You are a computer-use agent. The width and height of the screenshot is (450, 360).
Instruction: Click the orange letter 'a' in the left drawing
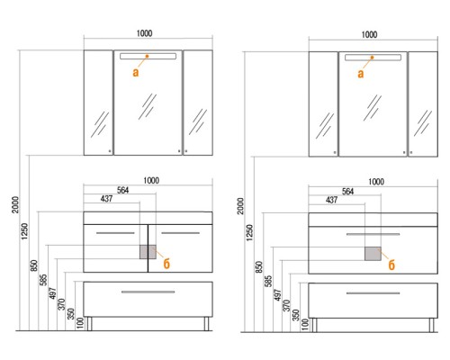point(136,72)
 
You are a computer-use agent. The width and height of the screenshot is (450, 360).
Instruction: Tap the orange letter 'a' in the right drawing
point(361,74)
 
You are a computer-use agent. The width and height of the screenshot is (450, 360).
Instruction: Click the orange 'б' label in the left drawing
point(166,264)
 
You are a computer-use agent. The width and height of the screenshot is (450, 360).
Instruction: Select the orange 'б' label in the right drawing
point(391,265)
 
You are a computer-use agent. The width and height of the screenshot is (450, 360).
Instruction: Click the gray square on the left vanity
point(148,252)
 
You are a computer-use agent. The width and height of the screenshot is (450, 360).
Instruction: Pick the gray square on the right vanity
point(373,254)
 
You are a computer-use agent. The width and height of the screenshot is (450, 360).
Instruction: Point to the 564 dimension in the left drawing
point(122,190)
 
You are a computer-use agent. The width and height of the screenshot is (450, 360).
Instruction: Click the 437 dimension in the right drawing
point(331,200)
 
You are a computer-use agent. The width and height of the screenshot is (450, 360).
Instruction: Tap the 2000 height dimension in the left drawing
point(15,205)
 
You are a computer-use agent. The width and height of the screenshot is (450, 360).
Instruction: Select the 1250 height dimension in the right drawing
point(249,233)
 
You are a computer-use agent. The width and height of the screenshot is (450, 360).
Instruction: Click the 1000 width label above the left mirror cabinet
point(144,33)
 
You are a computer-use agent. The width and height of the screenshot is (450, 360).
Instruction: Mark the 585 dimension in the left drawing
point(43,280)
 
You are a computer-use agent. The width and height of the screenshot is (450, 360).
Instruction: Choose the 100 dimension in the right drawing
point(304,324)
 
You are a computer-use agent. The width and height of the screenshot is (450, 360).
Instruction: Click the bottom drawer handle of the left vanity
point(148,292)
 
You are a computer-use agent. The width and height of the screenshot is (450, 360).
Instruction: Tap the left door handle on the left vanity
point(115,233)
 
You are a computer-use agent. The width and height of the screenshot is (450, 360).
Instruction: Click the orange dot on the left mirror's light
point(147,56)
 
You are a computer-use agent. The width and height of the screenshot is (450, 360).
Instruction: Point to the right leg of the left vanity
point(206,324)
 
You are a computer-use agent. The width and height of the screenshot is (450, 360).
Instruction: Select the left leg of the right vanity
point(314,325)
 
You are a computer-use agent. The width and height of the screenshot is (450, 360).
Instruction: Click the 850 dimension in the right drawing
point(259,267)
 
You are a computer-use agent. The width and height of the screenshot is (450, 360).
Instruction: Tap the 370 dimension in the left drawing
point(61,304)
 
